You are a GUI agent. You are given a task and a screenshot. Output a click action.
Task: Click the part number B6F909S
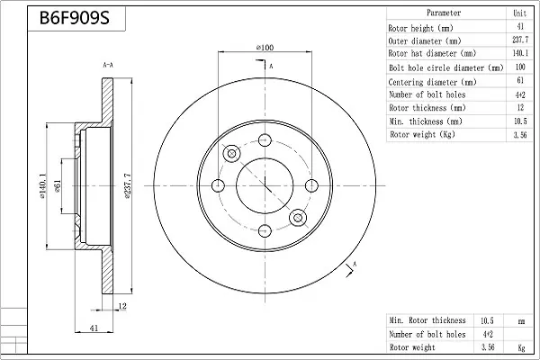75,18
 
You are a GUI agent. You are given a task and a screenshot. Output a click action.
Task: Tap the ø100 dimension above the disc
265,47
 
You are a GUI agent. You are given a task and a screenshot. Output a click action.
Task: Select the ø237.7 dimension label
127,186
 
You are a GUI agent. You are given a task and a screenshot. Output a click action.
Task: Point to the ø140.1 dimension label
42,186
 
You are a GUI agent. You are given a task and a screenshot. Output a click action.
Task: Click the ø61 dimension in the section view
58,186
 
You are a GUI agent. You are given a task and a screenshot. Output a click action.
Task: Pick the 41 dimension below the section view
94,328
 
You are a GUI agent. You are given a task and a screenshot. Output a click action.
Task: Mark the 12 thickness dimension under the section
122,306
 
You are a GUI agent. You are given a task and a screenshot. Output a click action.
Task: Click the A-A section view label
108,65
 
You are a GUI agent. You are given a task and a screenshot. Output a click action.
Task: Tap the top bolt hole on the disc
265,139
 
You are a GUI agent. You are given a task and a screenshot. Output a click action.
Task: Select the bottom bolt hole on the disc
265,230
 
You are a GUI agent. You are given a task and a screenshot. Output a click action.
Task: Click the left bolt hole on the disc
218,185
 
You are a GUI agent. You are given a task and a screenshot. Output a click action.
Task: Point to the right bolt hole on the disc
311,185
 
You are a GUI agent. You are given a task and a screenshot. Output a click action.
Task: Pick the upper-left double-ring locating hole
232,154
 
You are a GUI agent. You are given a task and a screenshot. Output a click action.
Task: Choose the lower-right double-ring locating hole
298,218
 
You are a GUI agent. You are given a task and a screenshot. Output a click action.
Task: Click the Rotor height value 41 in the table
520,26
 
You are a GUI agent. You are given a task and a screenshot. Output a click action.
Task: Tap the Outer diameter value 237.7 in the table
520,40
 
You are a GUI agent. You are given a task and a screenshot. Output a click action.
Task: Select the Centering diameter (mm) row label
432,82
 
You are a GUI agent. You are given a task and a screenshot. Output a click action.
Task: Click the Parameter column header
444,13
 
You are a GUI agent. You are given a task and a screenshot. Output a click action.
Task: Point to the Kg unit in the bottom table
521,347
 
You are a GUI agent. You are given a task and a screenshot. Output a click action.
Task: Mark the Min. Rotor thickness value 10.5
487,320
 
